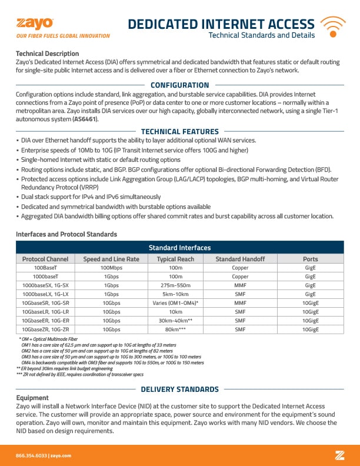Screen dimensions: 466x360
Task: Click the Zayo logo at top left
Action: [35, 24]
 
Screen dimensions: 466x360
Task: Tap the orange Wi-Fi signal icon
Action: [332, 26]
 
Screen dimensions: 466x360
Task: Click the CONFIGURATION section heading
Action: [179, 85]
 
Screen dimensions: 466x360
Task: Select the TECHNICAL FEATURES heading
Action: [179, 132]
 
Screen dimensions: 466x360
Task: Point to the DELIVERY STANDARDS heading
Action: [179, 390]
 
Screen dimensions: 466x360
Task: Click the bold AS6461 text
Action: [85, 119]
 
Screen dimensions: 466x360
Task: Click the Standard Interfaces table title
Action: [179, 248]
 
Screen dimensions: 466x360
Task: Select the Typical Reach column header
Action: [175, 259]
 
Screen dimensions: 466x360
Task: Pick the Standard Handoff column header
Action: [240, 259]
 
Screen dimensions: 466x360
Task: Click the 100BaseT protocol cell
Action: [45, 267]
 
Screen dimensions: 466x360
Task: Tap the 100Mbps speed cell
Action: [111, 267]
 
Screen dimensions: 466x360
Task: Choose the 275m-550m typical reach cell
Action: [175, 285]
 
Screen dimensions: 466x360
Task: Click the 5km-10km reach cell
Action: [175, 294]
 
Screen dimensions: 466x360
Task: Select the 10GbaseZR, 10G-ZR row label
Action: [45, 329]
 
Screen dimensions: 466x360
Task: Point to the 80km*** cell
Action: [175, 329]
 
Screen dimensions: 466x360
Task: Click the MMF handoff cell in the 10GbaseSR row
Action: [240, 302]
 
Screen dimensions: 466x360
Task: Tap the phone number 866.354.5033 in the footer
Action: [31, 455]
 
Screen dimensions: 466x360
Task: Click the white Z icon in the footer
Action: [339, 455]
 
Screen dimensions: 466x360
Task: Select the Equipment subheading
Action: [32, 398]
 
